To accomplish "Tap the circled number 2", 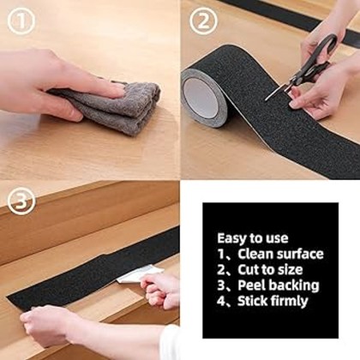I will [x=203, y=21].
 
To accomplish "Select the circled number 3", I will [x=21, y=202].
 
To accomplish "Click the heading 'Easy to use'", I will [x=253, y=238].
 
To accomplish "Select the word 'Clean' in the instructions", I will [x=256, y=254].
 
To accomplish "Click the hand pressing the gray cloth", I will [x=51, y=81].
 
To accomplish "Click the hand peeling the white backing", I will [x=163, y=290].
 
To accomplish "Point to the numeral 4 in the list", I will [x=220, y=301].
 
